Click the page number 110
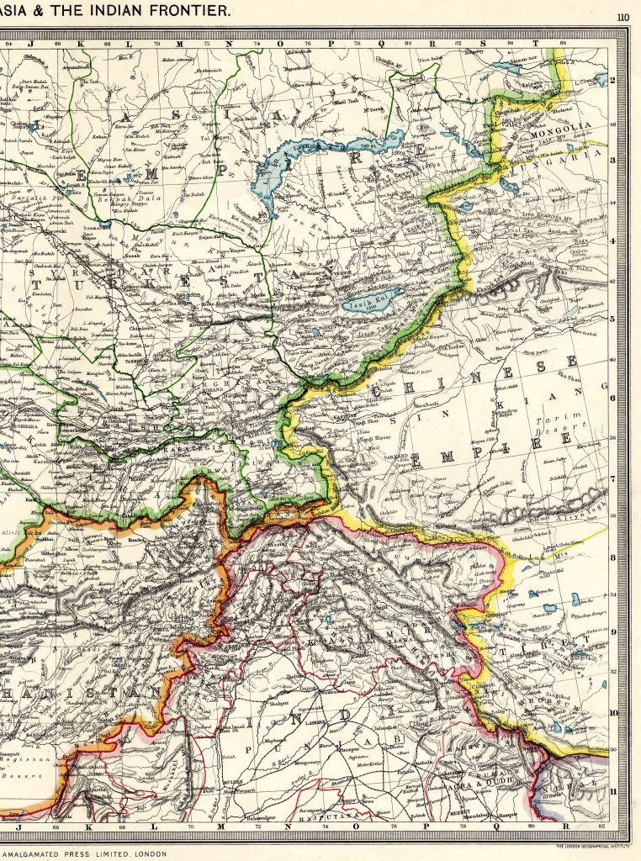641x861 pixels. point(622,17)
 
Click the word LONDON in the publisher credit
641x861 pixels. point(151,853)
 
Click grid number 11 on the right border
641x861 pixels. point(614,791)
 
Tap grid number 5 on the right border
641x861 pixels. point(614,319)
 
